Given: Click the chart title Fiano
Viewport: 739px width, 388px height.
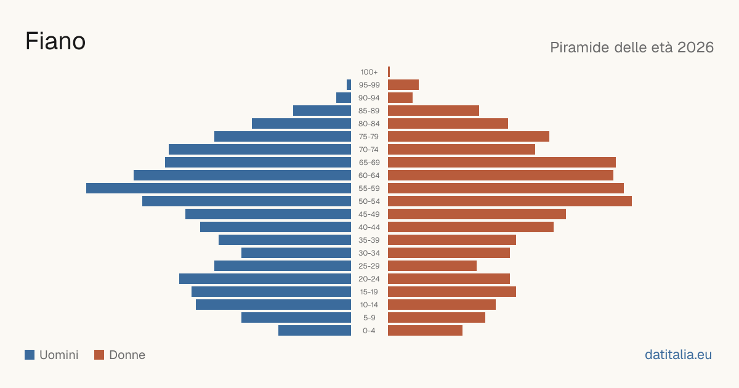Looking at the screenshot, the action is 55,41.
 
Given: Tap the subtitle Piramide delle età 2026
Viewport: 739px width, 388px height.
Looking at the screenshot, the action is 632,47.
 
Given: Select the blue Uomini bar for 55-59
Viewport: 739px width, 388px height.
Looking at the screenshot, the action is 219,188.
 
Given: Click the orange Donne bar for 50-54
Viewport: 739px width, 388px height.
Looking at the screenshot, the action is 510,201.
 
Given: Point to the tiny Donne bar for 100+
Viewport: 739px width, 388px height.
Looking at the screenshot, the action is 389,72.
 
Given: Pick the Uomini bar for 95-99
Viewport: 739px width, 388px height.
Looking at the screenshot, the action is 349,85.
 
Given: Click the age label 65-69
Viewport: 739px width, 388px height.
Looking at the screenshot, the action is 369,163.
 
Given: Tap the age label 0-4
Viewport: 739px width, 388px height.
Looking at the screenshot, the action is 369,331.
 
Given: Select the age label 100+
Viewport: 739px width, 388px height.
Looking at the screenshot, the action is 369,72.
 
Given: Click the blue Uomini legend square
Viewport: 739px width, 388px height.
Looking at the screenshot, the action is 30,355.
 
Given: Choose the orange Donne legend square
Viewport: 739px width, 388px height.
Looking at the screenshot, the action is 99,355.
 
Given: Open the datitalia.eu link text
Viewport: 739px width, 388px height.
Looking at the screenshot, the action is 678,355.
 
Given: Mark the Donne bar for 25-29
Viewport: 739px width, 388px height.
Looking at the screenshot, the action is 432,266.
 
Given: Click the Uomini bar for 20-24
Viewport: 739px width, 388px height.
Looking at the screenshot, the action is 265,279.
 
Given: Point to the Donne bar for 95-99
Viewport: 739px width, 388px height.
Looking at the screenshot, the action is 403,85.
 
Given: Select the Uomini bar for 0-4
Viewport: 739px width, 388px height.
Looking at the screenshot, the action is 315,331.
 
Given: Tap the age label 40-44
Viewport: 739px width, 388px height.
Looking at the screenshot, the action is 369,227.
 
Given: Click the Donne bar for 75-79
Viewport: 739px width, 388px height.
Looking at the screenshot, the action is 469,137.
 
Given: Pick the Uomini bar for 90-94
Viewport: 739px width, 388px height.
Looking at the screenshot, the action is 344,98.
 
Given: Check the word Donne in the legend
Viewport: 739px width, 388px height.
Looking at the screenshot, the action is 127,355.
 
